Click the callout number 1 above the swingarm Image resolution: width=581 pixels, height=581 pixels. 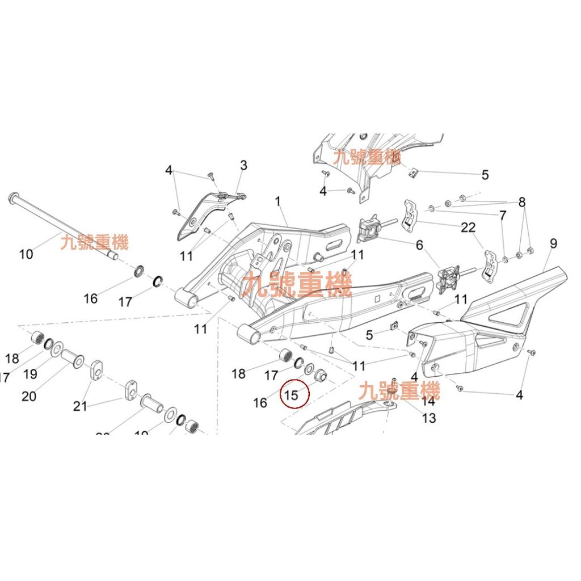pyautogui.click(x=278, y=201)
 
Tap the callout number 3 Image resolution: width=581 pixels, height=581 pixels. pyautogui.click(x=243, y=166)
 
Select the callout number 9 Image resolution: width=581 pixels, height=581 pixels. pyautogui.click(x=553, y=244)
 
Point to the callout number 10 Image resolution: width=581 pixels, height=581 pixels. pyautogui.click(x=26, y=254)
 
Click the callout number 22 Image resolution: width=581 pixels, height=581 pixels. pyautogui.click(x=468, y=228)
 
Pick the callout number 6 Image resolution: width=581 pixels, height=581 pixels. pyautogui.click(x=419, y=245)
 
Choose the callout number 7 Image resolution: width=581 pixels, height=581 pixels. pyautogui.click(x=502, y=216)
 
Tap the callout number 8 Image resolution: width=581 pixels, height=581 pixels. pyautogui.click(x=521, y=202)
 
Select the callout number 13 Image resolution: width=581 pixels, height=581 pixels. pyautogui.click(x=429, y=418)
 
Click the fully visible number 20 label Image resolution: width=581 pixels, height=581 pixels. pyautogui.click(x=28, y=395)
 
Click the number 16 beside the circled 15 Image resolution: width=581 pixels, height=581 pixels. pyautogui.click(x=260, y=403)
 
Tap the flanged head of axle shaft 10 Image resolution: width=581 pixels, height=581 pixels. pyautogui.click(x=13, y=200)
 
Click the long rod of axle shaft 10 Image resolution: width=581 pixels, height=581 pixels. pyautogui.click(x=62, y=228)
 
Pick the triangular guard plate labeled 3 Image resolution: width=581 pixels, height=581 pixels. pyautogui.click(x=201, y=216)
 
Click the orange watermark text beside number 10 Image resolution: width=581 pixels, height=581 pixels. pyautogui.click(x=94, y=243)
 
